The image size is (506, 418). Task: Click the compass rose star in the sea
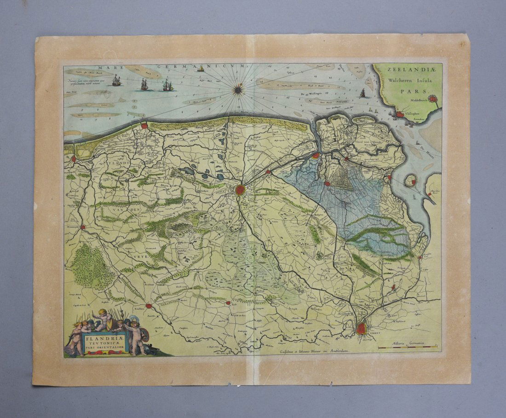pyautogui.click(x=238, y=89)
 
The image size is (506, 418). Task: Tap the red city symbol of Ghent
pyautogui.click(x=362, y=328)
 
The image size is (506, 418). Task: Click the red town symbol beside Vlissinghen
pyautogui.click(x=400, y=114)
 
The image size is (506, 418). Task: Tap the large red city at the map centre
pyautogui.click(x=240, y=190)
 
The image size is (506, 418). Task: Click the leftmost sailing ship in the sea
pyautogui.click(x=117, y=81)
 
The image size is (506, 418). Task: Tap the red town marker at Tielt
pyautogui.click(x=228, y=303)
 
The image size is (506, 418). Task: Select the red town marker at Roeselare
pyautogui.click(x=149, y=305)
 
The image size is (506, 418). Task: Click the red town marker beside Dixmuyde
pyautogui.click(x=83, y=227)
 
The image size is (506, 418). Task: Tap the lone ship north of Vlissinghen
pyautogui.click(x=362, y=93)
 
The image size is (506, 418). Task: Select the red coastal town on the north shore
pyautogui.click(x=144, y=125)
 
